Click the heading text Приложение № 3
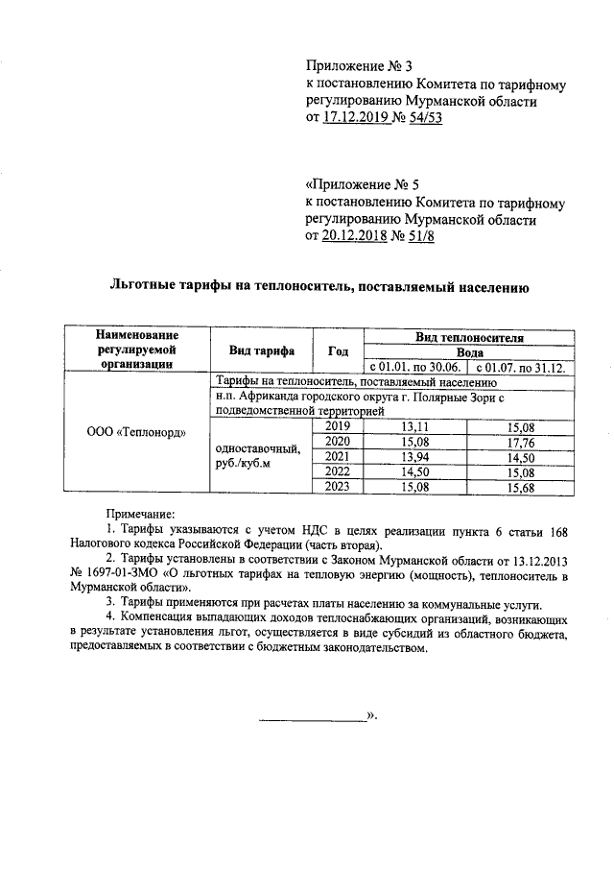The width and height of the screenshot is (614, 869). point(358,66)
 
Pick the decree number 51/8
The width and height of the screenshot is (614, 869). point(417,237)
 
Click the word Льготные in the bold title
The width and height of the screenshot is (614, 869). point(144,286)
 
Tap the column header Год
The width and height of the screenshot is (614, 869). point(338,350)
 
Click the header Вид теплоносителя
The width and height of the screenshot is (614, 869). point(469,338)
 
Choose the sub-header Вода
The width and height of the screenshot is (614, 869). point(469,352)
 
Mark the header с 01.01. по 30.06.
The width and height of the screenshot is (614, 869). point(413,367)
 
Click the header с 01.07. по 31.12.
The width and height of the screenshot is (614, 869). point(519,367)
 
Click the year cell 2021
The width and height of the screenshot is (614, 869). point(338,456)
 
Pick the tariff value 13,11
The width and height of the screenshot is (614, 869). point(413,426)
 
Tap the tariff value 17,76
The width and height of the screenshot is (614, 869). point(519,442)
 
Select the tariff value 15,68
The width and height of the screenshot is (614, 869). point(519,487)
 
